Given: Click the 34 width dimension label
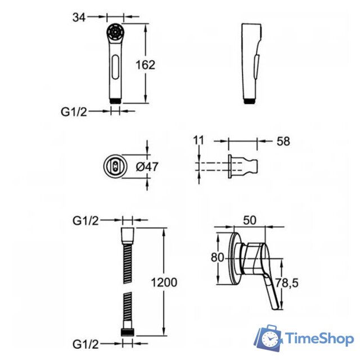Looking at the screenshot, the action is pos(79,17).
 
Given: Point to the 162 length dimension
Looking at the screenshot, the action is pos(145,65).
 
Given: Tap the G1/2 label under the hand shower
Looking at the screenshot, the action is pos(74,112).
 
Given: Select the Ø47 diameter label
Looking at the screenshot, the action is pos(147,166).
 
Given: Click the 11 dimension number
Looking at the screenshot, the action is pos(199,140).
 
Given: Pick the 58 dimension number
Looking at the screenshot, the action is pos(283,141).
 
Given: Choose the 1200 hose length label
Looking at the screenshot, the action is pos(164,282).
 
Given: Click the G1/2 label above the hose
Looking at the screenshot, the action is pos(85,221).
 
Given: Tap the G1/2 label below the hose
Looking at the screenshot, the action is pos(85,344).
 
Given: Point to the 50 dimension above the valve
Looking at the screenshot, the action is pos(250,220).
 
